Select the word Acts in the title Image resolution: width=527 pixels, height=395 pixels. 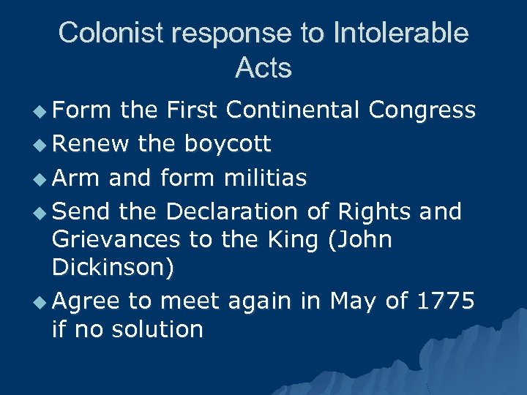263,68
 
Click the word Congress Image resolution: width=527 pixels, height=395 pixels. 422,110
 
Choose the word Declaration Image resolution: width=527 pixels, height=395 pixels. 231,211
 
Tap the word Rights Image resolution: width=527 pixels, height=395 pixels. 375,211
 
